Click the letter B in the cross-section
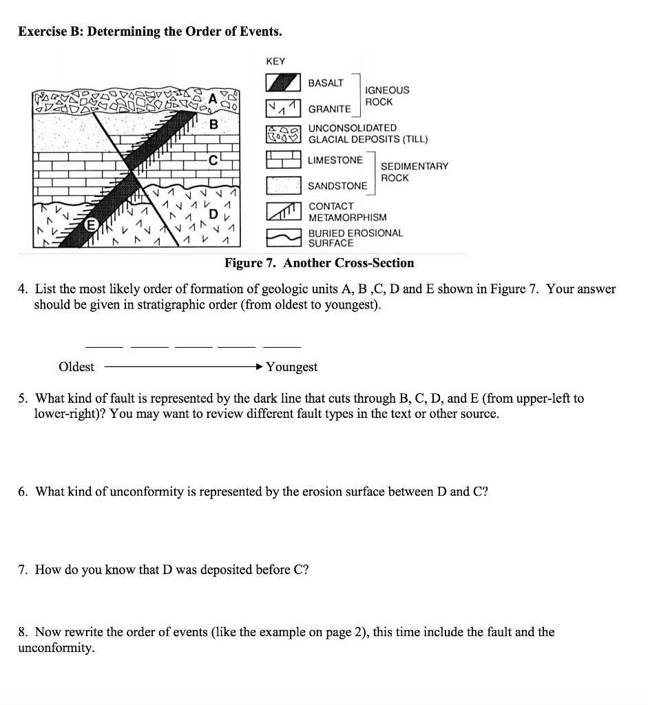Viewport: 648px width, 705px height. pos(213,125)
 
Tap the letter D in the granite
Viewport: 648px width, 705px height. pos(213,213)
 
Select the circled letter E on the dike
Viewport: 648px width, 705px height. pos(90,225)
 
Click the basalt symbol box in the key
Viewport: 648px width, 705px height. pos(284,83)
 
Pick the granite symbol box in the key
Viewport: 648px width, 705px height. pos(284,108)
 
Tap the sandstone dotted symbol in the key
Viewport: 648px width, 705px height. pos(284,186)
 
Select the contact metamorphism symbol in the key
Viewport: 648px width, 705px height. pos(284,211)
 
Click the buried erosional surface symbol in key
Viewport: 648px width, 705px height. pos(284,238)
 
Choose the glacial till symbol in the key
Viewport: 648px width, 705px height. pos(284,134)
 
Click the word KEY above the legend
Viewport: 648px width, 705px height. pos(275,61)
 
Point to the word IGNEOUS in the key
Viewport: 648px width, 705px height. pos(387,90)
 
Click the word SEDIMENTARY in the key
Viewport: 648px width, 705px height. pos(415,166)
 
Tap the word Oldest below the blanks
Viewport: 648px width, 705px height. pos(76,367)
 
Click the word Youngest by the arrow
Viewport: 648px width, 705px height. pos(292,367)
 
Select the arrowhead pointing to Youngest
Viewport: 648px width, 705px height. pos(260,367)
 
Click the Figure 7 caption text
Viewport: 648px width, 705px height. pos(320,263)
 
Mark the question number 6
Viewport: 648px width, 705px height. pos(23,492)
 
